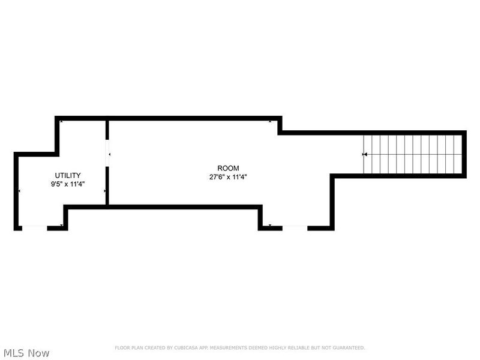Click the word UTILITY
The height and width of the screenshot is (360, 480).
click(x=68, y=175)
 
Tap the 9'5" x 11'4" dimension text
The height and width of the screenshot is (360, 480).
click(x=68, y=184)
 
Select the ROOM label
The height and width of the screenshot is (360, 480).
click(x=228, y=168)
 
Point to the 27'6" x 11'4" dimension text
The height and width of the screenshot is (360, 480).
click(x=228, y=177)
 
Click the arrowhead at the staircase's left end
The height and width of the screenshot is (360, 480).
click(x=365, y=155)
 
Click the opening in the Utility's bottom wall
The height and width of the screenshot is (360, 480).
click(x=35, y=227)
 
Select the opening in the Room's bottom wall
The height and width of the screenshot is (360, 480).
click(x=295, y=227)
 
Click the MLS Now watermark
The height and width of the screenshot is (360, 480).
click(x=26, y=353)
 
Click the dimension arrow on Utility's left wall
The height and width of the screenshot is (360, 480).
click(x=19, y=191)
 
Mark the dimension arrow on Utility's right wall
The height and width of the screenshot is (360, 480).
click(x=105, y=191)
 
